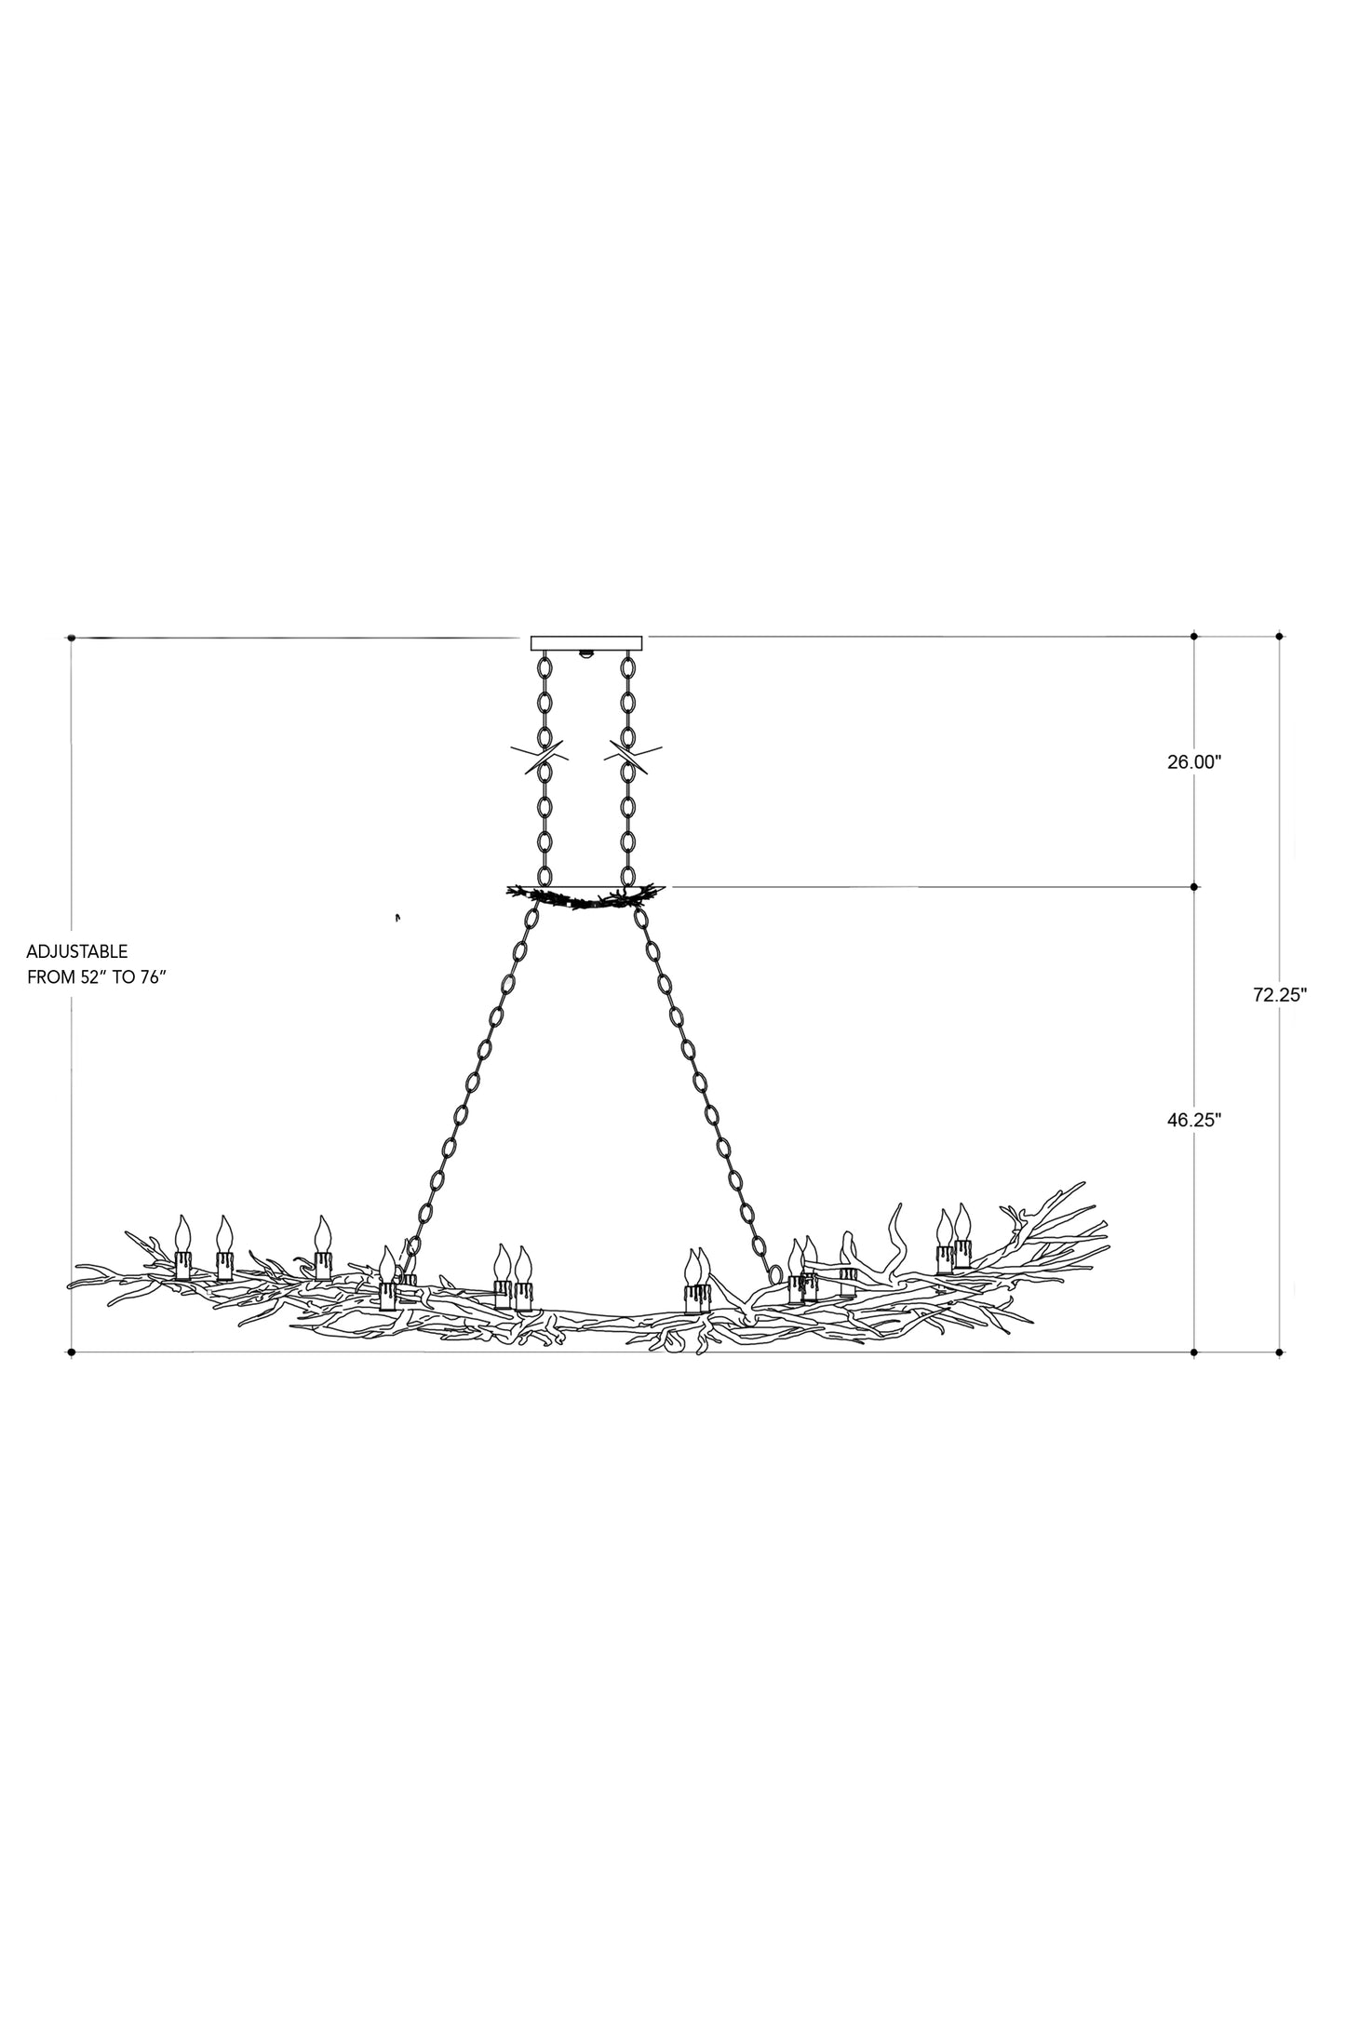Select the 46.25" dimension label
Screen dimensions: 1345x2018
tap(1193, 1122)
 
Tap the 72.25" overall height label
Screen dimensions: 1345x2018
tap(1279, 994)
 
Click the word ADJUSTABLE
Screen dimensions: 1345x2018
tap(76, 952)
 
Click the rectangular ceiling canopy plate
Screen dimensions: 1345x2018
tap(586, 642)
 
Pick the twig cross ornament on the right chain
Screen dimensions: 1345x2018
tap(634, 757)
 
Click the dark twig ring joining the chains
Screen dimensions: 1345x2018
tap(586, 896)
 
